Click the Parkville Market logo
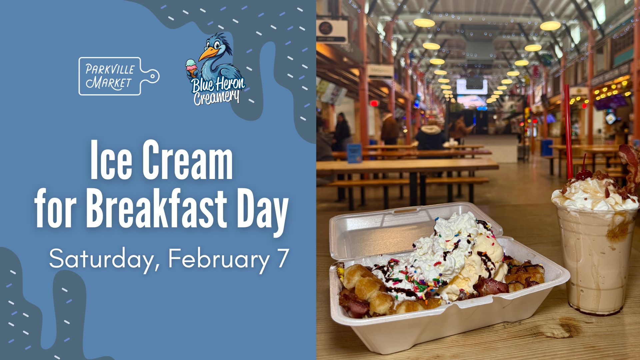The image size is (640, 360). point(119,76)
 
